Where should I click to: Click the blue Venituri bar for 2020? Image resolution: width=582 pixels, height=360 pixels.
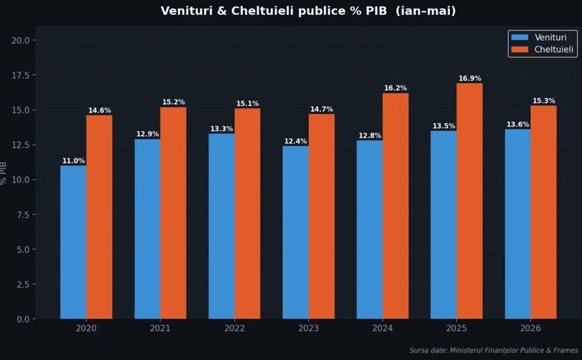[x=73, y=242]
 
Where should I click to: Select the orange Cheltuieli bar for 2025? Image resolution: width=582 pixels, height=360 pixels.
[x=470, y=201]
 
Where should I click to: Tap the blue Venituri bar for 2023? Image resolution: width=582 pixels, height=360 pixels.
[x=296, y=232]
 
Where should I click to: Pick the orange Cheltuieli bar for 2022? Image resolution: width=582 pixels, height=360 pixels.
[x=247, y=214]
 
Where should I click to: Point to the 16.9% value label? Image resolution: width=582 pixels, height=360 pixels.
[x=470, y=78]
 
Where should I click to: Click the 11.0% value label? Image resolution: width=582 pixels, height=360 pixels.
[x=73, y=161]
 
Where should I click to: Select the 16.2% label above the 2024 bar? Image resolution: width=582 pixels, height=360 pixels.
[x=395, y=88]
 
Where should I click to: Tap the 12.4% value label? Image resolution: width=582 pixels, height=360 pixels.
[x=296, y=141]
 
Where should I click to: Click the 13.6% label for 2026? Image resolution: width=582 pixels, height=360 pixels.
[x=518, y=125]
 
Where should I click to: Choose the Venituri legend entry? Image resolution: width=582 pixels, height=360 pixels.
[x=539, y=37]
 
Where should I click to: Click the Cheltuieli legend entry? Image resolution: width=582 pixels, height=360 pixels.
[x=542, y=49]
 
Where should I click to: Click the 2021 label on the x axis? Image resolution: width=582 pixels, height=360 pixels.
[x=160, y=328]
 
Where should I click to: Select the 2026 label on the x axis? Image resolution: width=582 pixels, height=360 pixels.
[x=530, y=328]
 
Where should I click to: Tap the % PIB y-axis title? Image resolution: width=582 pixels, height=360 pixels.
[x=4, y=173]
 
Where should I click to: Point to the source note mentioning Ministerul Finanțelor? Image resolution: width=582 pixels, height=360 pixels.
[x=494, y=351]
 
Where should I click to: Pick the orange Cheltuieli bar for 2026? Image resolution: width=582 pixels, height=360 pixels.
[x=544, y=212]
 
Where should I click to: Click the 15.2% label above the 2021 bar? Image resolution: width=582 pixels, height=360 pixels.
[x=173, y=102]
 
